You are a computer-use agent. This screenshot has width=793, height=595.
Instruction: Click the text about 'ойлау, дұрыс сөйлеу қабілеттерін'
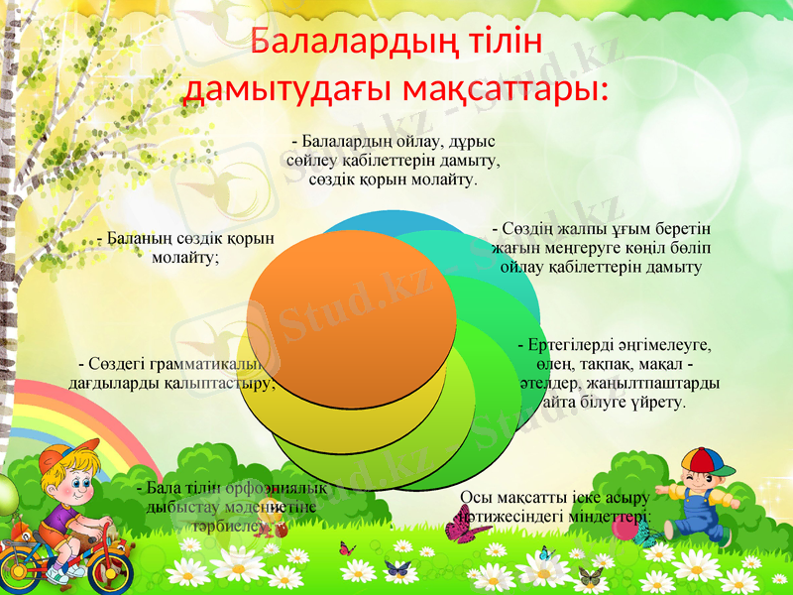coord(394,160)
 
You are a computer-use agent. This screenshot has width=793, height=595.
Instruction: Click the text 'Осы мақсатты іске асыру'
coord(555,506)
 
